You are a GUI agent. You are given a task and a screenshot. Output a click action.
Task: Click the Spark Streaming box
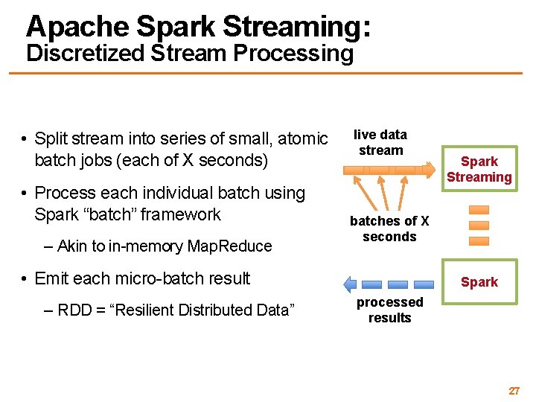(x=479, y=169)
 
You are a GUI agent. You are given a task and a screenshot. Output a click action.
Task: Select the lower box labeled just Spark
(x=479, y=282)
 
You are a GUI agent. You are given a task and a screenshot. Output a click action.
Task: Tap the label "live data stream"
(x=380, y=142)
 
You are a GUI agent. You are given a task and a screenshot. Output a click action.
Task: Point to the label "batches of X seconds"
(x=389, y=229)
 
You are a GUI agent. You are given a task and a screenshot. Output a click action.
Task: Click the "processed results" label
(x=389, y=310)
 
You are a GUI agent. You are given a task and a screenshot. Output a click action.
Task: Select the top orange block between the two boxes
(x=479, y=209)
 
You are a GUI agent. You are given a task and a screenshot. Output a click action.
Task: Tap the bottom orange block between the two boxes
(x=479, y=240)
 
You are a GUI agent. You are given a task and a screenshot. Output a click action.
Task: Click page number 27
(x=514, y=391)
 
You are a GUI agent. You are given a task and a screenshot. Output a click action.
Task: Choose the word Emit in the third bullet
(x=51, y=278)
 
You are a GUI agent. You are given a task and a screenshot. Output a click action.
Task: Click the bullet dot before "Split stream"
(x=25, y=139)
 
